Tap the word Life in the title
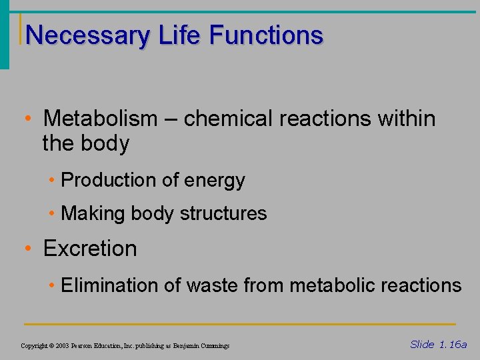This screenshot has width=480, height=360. (x=179, y=35)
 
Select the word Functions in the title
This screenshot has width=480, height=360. (x=267, y=35)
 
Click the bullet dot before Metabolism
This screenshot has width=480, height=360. (x=28, y=119)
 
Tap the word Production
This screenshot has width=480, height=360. (x=107, y=180)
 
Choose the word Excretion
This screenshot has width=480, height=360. (x=90, y=249)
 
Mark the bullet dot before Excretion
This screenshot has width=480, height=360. (x=28, y=249)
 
